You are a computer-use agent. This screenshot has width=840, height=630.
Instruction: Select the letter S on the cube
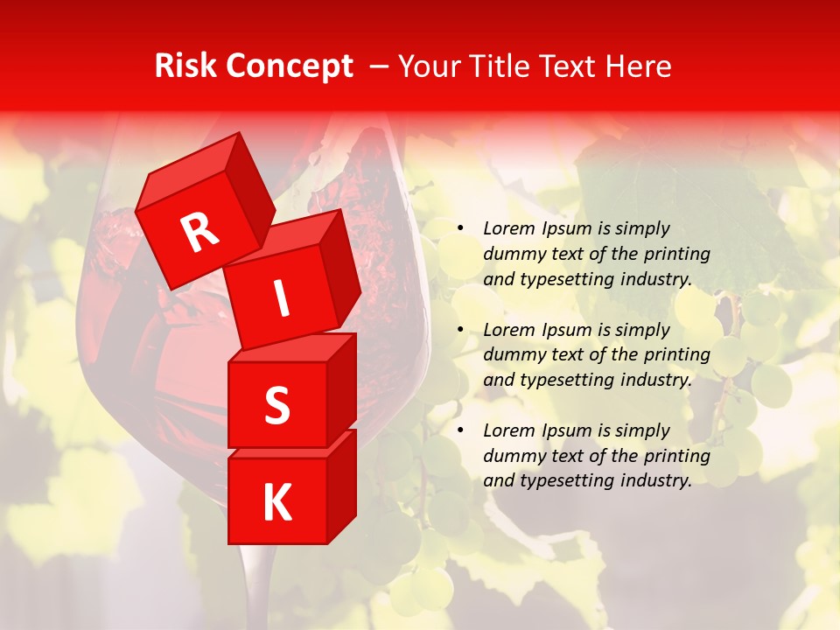(x=276, y=405)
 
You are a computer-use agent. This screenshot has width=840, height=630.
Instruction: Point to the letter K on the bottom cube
(x=276, y=502)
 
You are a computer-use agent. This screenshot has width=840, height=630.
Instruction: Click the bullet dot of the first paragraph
(x=460, y=229)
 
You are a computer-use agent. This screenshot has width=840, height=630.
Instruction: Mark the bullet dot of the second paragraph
(x=460, y=330)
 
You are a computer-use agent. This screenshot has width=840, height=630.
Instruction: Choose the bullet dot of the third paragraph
(x=460, y=430)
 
